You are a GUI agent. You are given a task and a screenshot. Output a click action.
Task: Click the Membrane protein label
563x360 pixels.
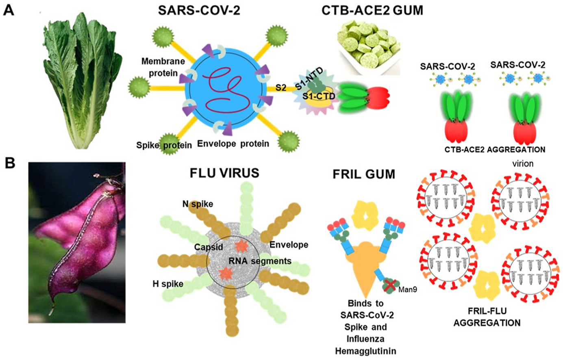point(162,67)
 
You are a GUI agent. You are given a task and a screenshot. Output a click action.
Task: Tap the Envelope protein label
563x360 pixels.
point(233,143)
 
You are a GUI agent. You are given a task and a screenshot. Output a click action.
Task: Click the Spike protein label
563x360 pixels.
point(164,145)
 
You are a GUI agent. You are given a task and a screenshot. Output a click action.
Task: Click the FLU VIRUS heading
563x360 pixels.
point(224,173)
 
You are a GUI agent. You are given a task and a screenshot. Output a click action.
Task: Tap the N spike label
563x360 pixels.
point(197,204)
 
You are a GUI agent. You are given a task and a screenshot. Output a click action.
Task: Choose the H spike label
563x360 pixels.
point(167,284)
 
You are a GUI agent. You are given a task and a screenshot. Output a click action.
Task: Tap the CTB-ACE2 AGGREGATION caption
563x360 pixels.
point(495,149)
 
